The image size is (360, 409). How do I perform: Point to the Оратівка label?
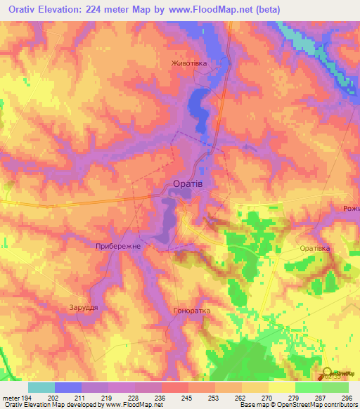coord(314,249)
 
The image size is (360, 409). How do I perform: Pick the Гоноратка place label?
coord(191,310)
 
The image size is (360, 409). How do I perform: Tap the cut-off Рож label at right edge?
coord(351,208)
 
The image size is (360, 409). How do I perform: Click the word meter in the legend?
coord(10,398)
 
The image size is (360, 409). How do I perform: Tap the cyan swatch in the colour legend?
coord(41,387)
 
